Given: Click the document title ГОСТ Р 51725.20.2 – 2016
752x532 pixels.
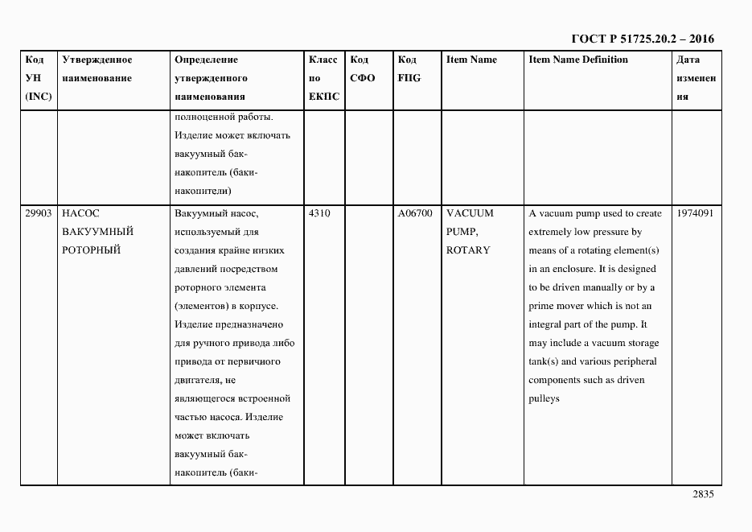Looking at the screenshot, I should tap(642, 39).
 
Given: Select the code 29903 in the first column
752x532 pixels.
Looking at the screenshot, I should tap(38, 214).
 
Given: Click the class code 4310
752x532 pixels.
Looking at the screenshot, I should tap(319, 214).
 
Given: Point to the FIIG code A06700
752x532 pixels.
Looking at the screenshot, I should tap(415, 214).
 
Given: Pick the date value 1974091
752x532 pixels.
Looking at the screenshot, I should tap(695, 214).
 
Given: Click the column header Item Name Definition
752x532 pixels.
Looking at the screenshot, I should tap(578, 60).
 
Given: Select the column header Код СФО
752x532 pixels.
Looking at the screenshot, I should tap(363, 69).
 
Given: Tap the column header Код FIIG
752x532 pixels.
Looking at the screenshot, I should tap(409, 69).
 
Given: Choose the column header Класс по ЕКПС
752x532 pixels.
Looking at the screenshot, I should tap(323, 78).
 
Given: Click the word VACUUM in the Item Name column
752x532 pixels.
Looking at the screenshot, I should tap(470, 214).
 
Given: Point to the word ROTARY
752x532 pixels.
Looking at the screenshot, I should tap(468, 250).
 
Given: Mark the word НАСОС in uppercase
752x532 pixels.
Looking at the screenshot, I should tap(80, 214).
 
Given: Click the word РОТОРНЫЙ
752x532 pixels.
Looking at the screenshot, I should tap(91, 250).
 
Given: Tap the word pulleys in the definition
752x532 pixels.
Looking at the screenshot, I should tap(544, 398).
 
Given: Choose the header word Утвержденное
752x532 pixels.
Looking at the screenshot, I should tap(97, 60).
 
